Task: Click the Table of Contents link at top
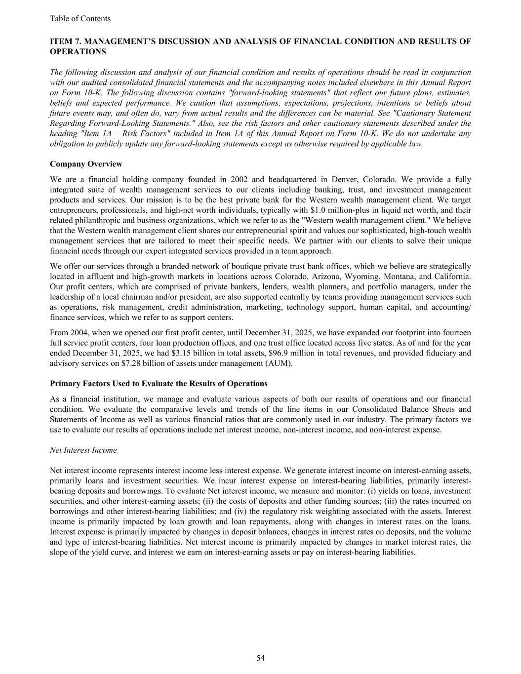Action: (x=80, y=19)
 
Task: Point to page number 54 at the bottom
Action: (x=260, y=658)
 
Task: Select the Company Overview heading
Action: (x=86, y=164)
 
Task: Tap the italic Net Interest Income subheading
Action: (x=83, y=450)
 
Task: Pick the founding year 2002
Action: (x=240, y=179)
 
